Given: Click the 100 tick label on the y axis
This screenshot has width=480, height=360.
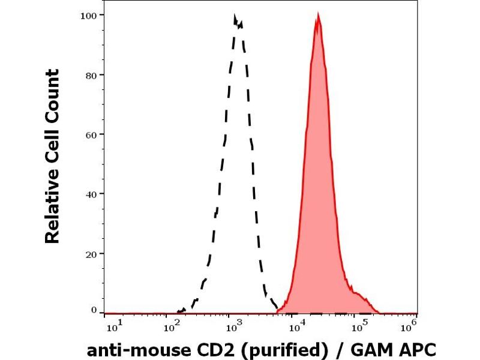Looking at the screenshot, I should [88, 15].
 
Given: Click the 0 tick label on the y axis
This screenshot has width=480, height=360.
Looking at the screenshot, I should [94, 310].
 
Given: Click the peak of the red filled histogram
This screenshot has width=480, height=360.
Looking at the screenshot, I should [318, 16].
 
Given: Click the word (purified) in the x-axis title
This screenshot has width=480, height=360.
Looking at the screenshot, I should [274, 350].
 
